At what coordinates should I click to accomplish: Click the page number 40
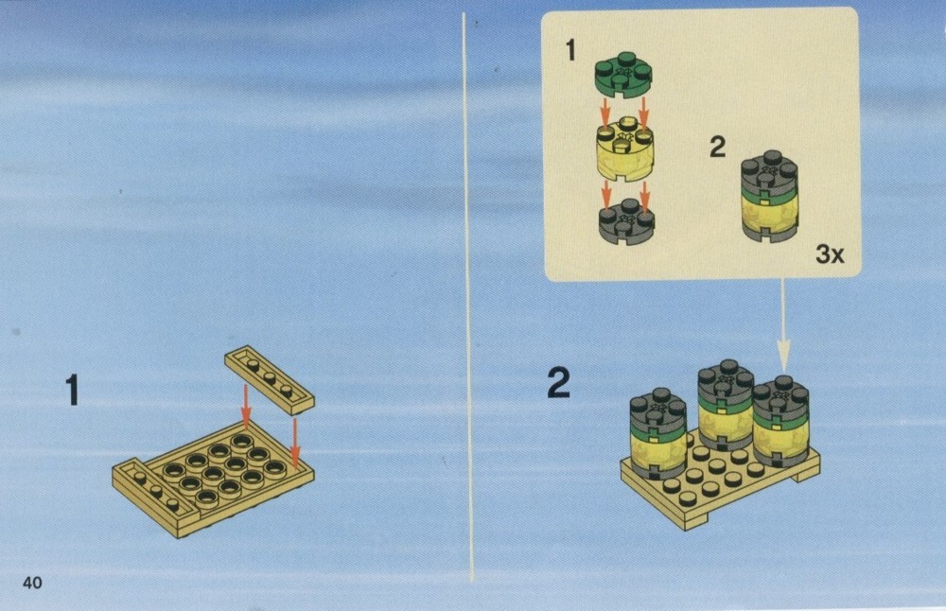(32, 582)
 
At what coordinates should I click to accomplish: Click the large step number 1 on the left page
(73, 390)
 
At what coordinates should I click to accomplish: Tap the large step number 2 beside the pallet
(558, 383)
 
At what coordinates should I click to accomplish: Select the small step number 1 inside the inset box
(570, 50)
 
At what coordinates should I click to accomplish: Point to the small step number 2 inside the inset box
(717, 147)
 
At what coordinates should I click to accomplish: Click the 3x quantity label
(831, 253)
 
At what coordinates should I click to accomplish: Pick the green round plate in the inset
(623, 75)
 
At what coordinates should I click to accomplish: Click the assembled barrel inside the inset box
(769, 197)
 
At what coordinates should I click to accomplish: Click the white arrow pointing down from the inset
(783, 324)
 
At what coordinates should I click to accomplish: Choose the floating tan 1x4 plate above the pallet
(269, 379)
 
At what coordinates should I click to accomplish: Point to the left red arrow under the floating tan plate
(246, 404)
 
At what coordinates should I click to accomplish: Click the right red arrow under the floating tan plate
(295, 444)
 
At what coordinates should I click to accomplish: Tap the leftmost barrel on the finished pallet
(657, 434)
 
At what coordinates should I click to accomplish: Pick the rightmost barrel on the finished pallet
(781, 421)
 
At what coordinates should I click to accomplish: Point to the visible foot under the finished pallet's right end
(807, 476)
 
